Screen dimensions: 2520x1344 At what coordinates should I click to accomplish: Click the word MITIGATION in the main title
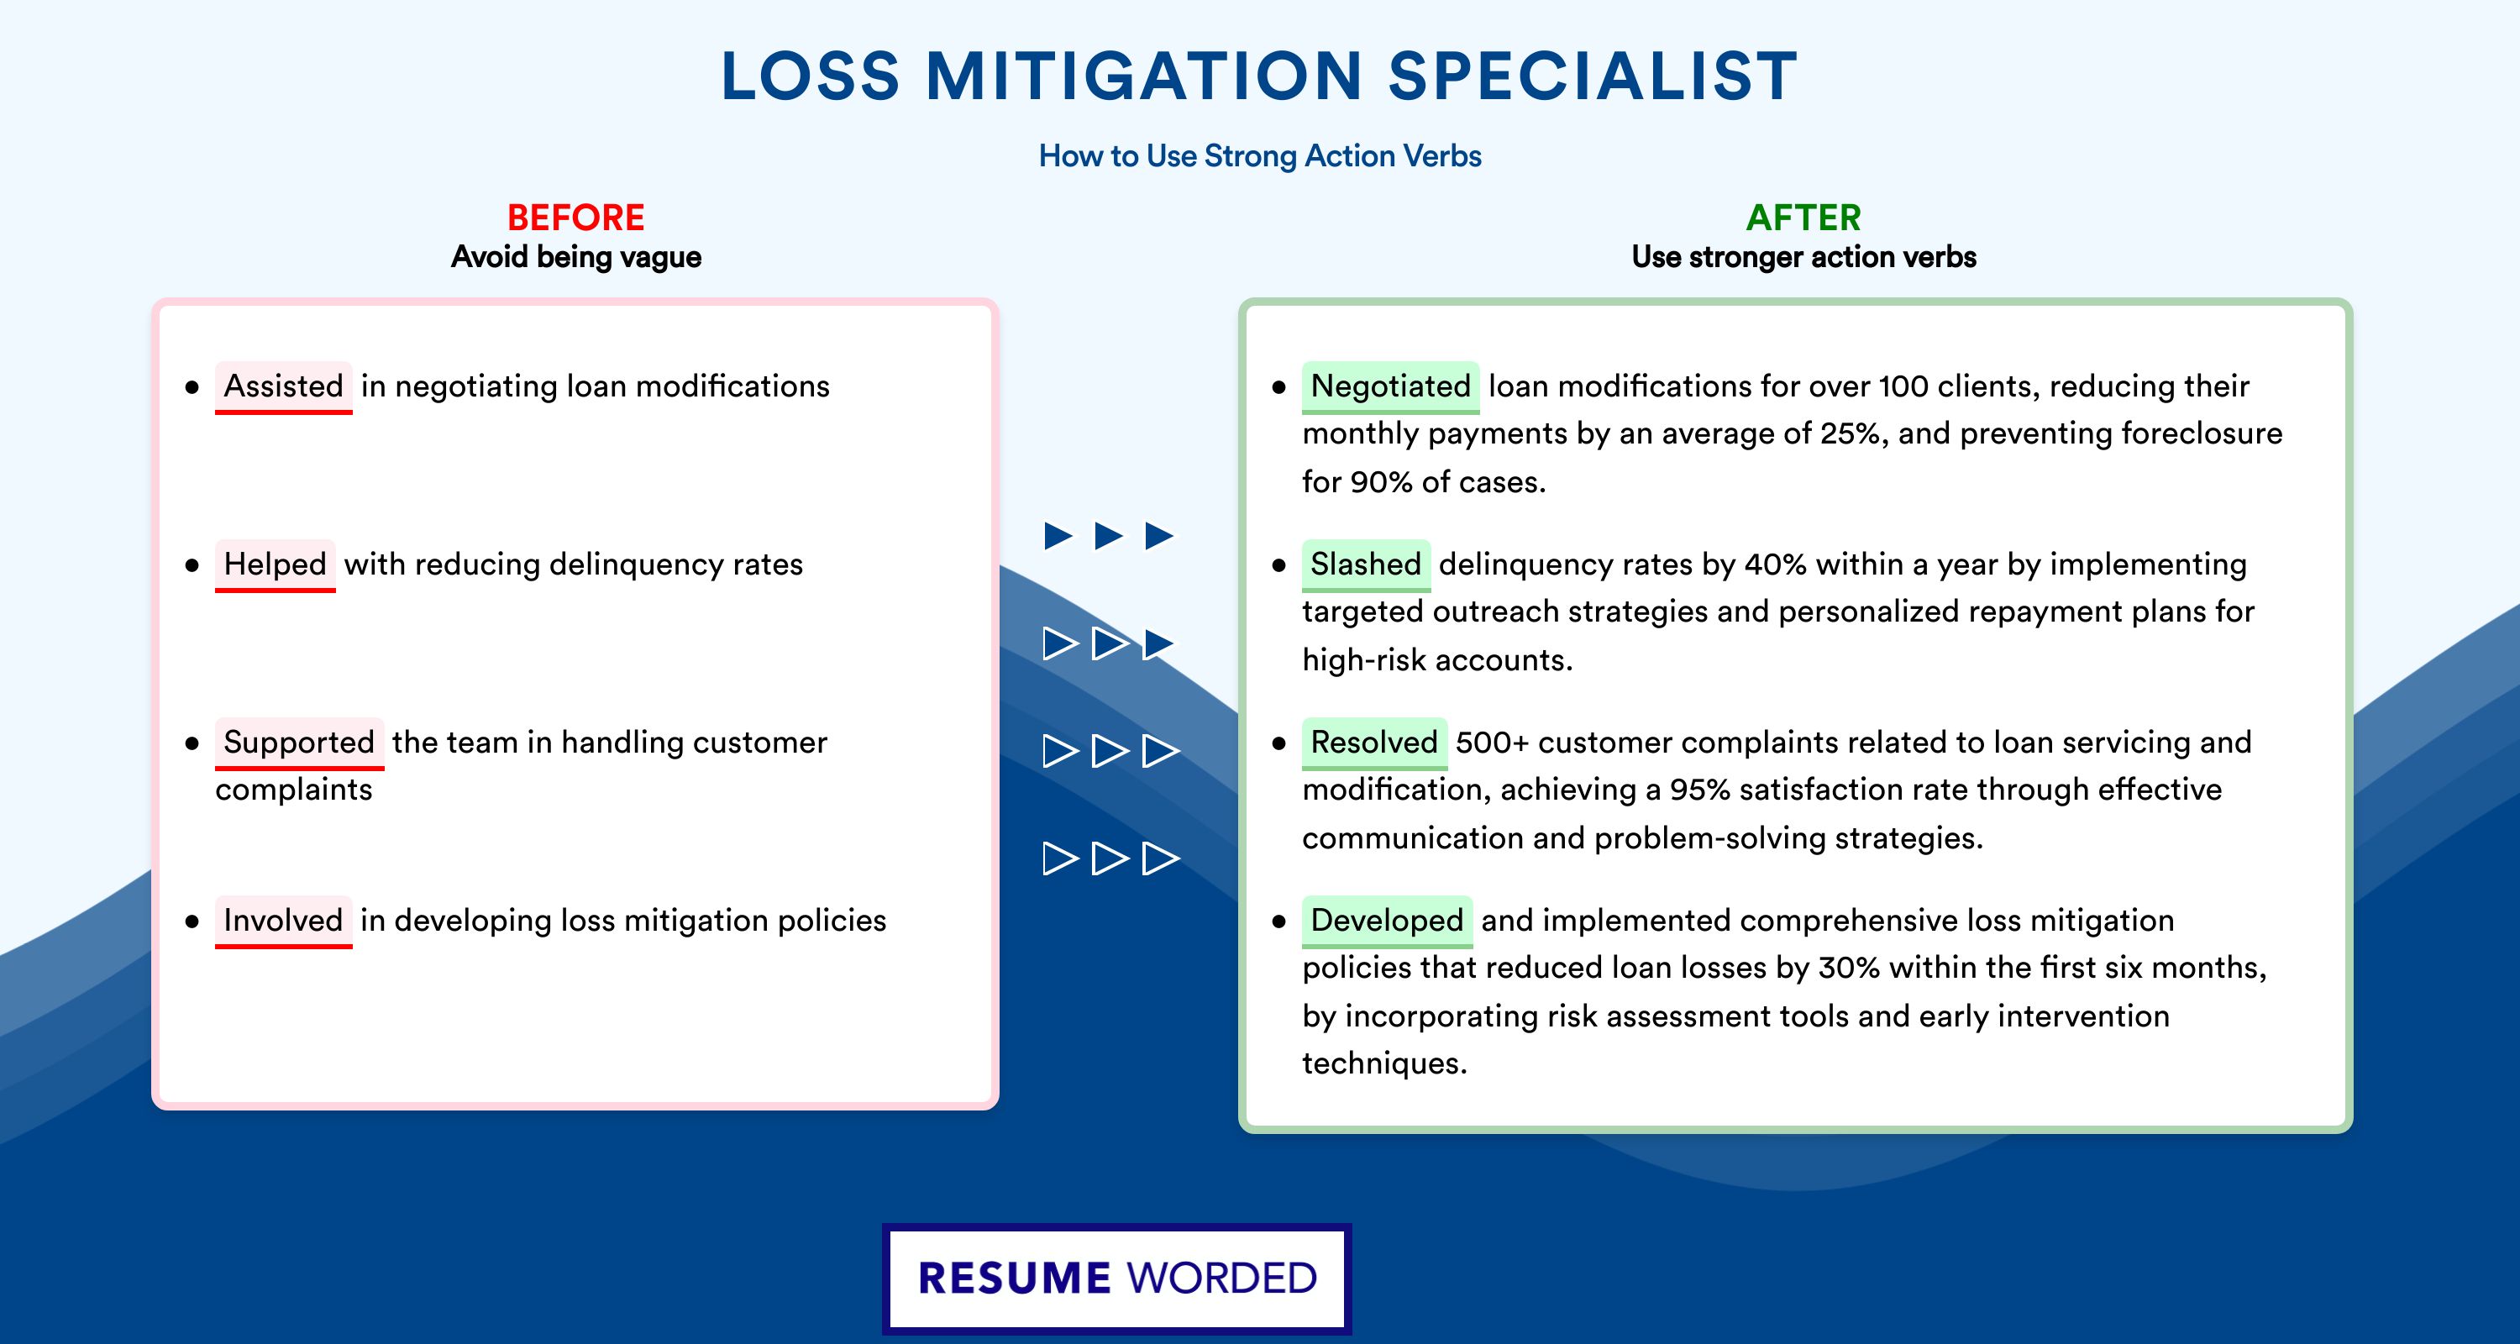tap(1143, 76)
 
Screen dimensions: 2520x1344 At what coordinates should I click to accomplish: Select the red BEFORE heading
tap(576, 218)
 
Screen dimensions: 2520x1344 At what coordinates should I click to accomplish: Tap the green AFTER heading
tap(1803, 218)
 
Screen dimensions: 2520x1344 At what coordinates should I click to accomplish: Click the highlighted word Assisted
tap(284, 386)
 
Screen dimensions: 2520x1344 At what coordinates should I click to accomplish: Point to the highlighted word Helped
tap(275, 564)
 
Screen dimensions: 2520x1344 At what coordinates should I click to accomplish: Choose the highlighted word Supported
tap(299, 743)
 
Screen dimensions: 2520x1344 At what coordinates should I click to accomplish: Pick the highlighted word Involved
tap(284, 921)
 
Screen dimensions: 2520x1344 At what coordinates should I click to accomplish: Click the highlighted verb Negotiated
tap(1390, 386)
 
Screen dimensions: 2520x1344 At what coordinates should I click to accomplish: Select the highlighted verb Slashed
tap(1366, 564)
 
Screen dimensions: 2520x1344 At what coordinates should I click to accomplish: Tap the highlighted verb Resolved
tap(1374, 743)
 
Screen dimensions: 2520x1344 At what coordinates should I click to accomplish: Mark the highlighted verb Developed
tap(1387, 921)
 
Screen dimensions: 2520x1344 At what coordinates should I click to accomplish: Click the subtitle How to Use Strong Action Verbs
tap(1260, 155)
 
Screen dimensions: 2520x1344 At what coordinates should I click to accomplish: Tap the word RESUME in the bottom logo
tap(1015, 1278)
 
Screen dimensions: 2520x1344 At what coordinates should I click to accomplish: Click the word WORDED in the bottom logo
tap(1222, 1278)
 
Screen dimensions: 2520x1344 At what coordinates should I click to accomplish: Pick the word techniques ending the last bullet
tap(1384, 1063)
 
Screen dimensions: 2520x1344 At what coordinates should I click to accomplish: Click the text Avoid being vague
tap(576, 257)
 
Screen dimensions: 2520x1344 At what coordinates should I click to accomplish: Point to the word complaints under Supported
tap(293, 790)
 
